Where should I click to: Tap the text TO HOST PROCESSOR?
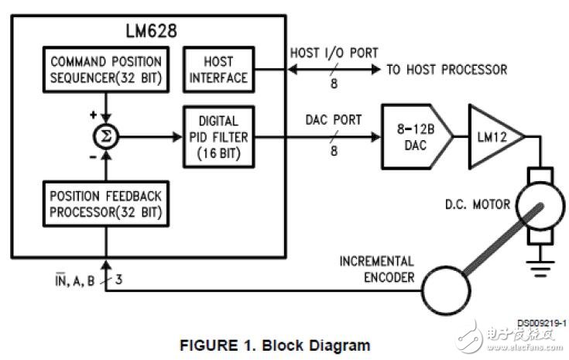[447, 70]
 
